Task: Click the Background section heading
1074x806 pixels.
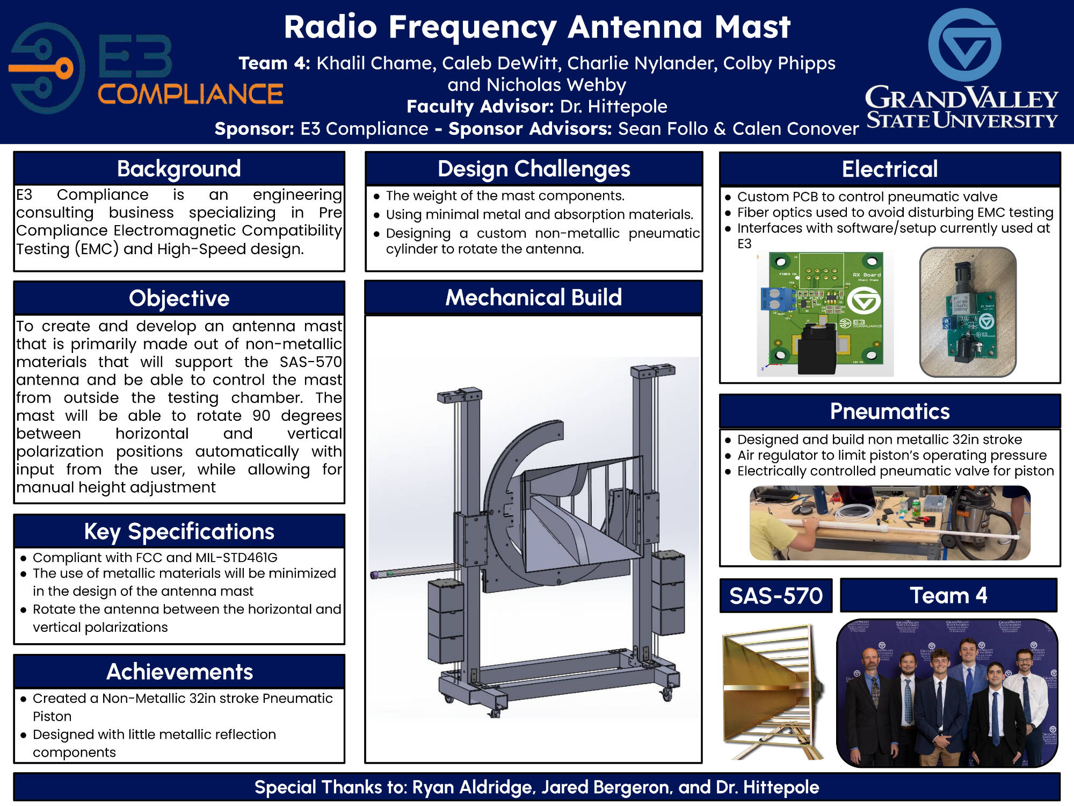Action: click(x=179, y=169)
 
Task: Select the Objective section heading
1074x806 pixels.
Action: click(x=179, y=298)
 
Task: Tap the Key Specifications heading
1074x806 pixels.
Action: click(x=179, y=531)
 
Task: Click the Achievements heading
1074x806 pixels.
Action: click(x=179, y=672)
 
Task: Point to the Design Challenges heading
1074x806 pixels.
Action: click(x=533, y=169)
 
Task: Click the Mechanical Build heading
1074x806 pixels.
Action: click(x=533, y=297)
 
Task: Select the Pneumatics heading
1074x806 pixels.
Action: click(x=889, y=411)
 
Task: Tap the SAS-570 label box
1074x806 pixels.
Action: click(x=775, y=595)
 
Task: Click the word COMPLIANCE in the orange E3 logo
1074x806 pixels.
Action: click(x=190, y=95)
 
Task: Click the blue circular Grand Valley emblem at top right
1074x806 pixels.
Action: click(x=964, y=45)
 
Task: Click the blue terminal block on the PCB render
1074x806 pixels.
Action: click(x=774, y=299)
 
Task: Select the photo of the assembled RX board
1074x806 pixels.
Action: click(x=968, y=312)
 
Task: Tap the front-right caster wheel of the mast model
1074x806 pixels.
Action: click(x=666, y=694)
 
